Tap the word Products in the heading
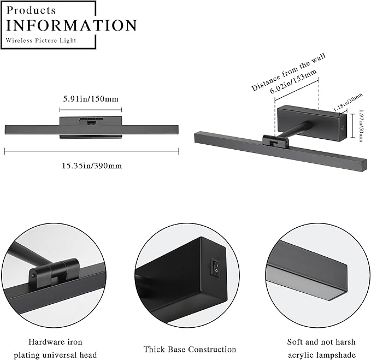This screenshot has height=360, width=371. click(x=32, y=10)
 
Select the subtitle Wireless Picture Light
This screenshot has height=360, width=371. click(x=41, y=40)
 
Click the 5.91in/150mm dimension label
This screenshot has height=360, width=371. click(x=91, y=99)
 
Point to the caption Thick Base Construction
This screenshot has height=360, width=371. click(x=190, y=349)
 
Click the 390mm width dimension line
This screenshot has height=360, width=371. click(x=91, y=152)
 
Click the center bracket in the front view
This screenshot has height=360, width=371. click(x=91, y=122)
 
